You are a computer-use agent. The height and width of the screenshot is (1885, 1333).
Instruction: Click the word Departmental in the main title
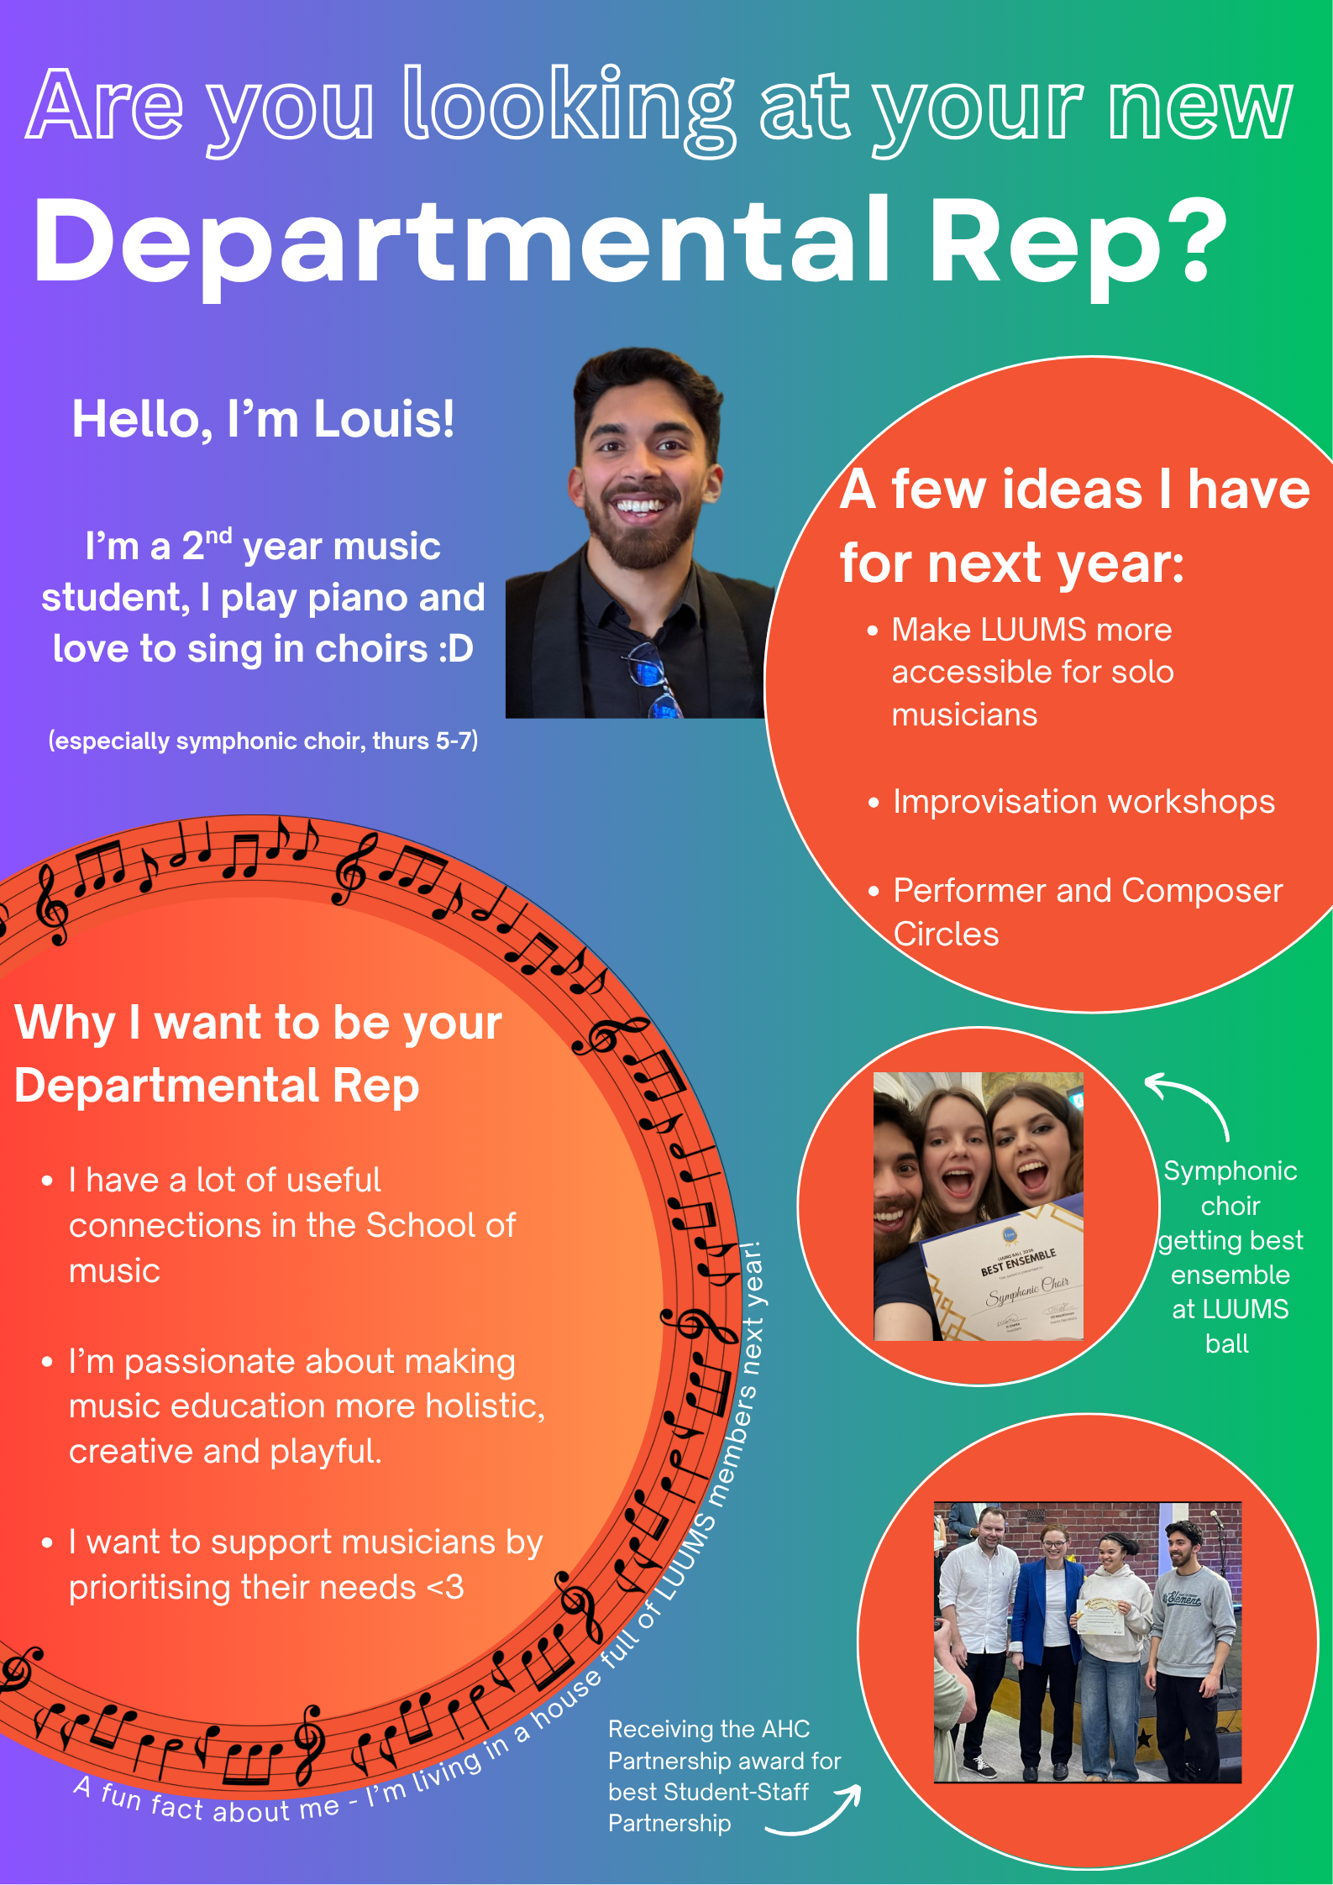[461, 243]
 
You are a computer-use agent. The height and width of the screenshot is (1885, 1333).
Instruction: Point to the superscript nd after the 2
[218, 536]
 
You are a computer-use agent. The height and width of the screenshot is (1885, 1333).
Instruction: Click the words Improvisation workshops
[1084, 802]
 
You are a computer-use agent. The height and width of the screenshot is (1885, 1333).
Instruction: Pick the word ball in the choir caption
[1227, 1343]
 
